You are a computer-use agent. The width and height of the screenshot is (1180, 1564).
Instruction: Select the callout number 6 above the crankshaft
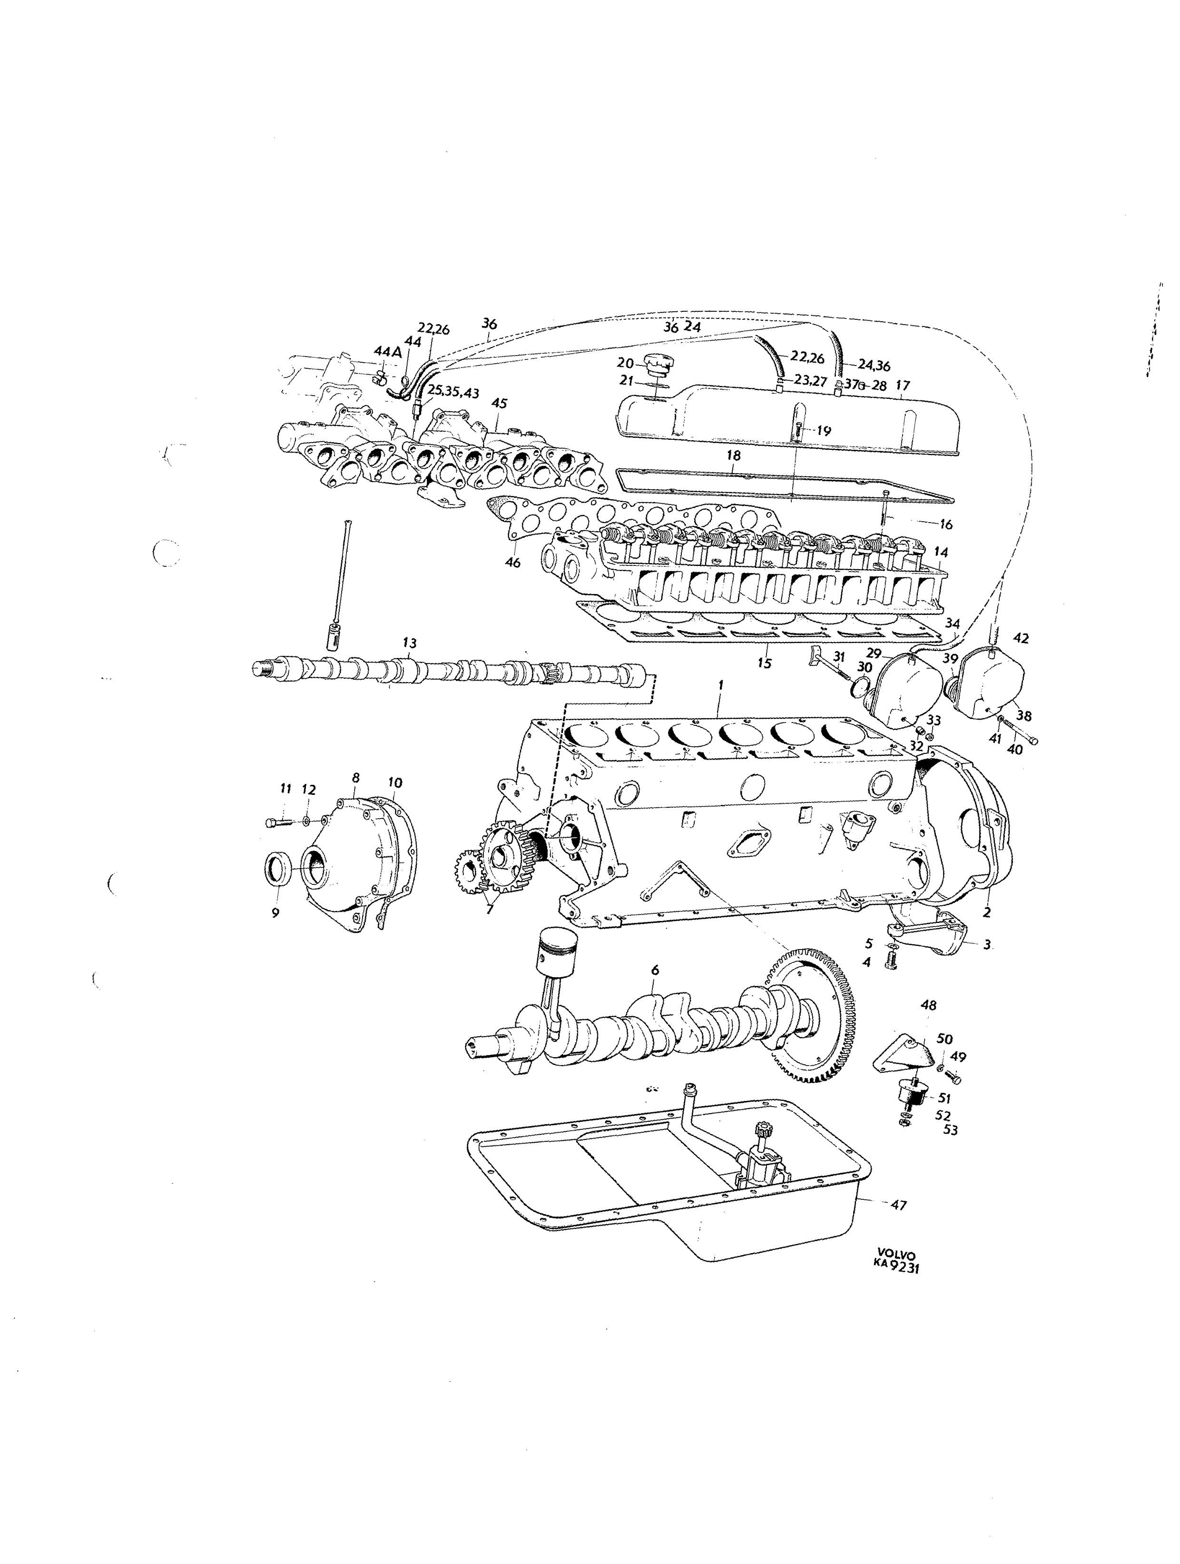pyautogui.click(x=655, y=971)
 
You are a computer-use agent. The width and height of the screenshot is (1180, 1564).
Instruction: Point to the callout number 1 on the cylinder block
pyautogui.click(x=720, y=685)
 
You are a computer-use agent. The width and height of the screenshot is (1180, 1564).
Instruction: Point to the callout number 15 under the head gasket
pyautogui.click(x=764, y=663)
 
